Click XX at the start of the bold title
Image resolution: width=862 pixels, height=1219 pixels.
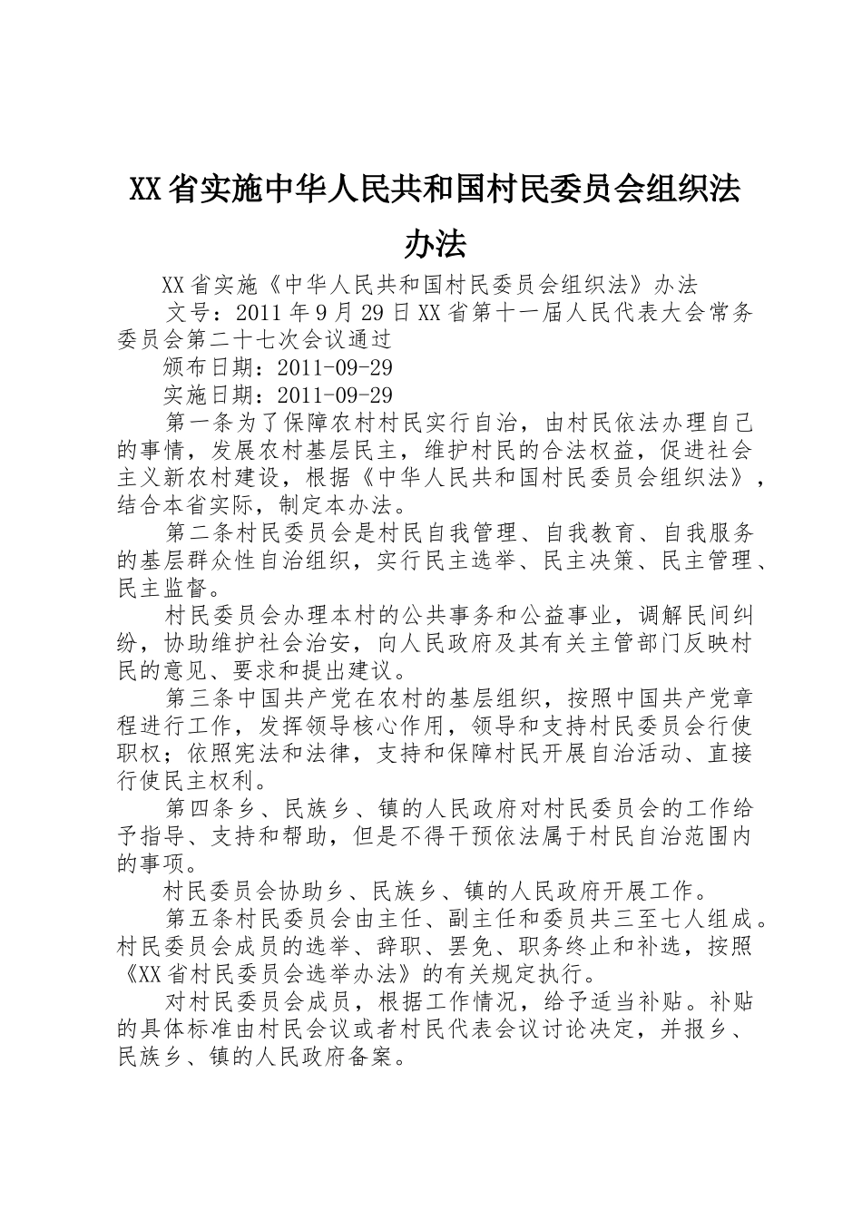(x=146, y=190)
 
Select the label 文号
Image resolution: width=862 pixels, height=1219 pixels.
(x=191, y=313)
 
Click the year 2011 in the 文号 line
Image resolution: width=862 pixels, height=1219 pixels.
(x=255, y=313)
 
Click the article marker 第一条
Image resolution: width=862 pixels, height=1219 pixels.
(x=203, y=423)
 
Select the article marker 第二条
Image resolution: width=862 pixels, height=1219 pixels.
(x=203, y=533)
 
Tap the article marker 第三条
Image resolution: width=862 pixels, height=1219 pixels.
(x=203, y=698)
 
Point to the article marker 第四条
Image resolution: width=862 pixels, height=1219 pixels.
(x=203, y=808)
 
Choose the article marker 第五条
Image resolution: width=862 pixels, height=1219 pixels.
(x=203, y=919)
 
